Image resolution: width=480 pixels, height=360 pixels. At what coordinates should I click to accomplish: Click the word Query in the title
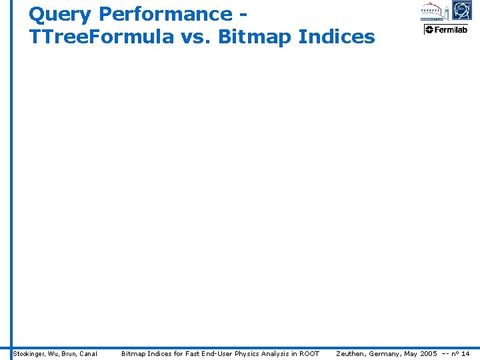click(60, 15)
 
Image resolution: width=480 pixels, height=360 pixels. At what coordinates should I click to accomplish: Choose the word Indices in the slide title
click(337, 37)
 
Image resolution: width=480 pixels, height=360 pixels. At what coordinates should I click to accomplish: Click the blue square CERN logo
click(461, 11)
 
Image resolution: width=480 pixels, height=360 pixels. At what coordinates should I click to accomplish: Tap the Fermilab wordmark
click(451, 30)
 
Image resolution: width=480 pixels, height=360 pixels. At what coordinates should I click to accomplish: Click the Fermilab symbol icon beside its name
click(429, 30)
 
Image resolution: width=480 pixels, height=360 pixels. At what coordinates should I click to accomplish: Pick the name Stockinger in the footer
click(29, 353)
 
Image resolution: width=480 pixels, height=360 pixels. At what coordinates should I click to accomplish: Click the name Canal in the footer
click(88, 353)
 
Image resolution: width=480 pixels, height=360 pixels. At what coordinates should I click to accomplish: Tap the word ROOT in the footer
click(309, 353)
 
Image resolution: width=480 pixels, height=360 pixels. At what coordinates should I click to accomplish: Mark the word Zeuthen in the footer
click(351, 353)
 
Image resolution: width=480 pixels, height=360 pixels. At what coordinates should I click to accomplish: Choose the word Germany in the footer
click(385, 353)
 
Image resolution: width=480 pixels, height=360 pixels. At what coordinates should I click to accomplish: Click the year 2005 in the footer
click(429, 353)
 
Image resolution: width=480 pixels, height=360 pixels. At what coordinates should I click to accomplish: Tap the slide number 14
click(465, 353)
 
